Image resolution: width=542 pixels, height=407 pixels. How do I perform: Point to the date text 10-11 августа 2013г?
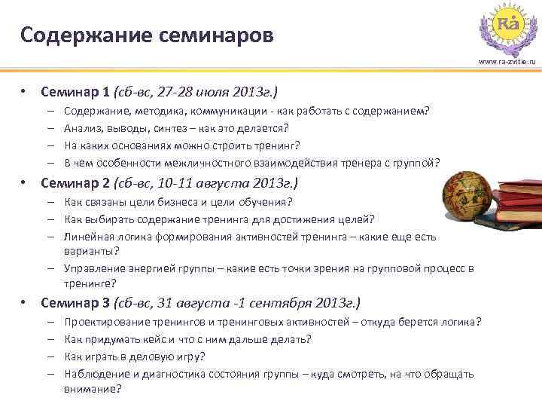230,182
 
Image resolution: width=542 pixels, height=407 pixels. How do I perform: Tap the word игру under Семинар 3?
190,357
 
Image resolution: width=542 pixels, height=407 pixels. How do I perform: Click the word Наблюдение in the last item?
96,374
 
